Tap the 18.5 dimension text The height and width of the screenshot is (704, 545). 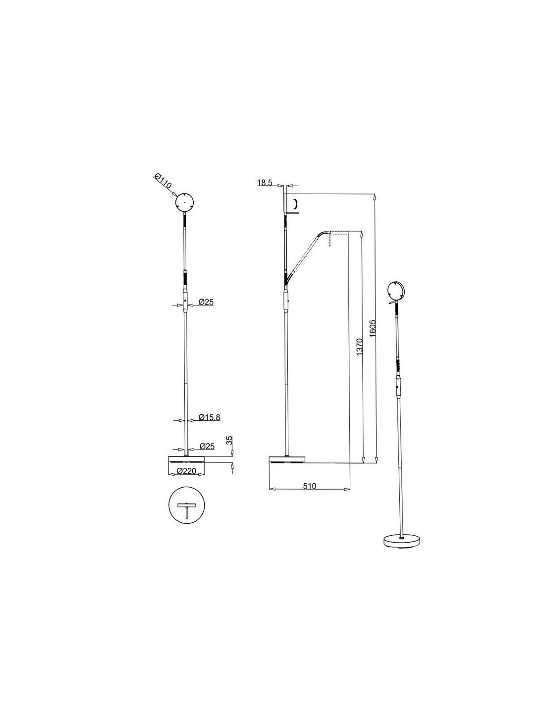point(265,182)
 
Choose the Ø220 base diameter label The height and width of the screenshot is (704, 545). point(186,471)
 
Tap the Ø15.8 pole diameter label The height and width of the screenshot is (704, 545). point(209,417)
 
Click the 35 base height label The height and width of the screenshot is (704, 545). point(229,441)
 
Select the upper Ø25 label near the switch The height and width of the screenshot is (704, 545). point(206,302)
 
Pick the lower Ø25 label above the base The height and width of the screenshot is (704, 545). point(207,446)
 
